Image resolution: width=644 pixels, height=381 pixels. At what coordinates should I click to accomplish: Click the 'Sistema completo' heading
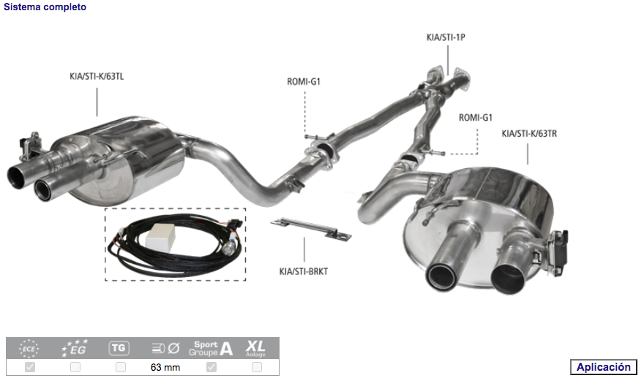pyautogui.click(x=45, y=7)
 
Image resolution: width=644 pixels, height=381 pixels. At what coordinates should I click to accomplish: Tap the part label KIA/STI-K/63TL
pyautogui.click(x=97, y=76)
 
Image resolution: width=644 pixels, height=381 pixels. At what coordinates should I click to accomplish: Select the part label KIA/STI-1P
pyautogui.click(x=446, y=37)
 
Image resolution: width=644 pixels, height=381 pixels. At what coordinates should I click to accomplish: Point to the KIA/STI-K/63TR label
pyautogui.click(x=529, y=133)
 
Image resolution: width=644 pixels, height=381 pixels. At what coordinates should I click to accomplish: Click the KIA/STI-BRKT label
pyautogui.click(x=304, y=271)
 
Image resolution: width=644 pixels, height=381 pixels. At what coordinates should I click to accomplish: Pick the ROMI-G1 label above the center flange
pyautogui.click(x=304, y=82)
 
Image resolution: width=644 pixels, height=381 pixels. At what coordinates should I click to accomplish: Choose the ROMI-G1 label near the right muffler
pyautogui.click(x=475, y=118)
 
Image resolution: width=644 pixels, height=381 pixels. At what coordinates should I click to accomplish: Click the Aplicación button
pyautogui.click(x=603, y=366)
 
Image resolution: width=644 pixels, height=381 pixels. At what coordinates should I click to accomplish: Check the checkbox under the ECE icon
pyautogui.click(x=30, y=366)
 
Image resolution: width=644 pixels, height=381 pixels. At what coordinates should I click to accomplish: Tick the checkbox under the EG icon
pyautogui.click(x=75, y=366)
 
